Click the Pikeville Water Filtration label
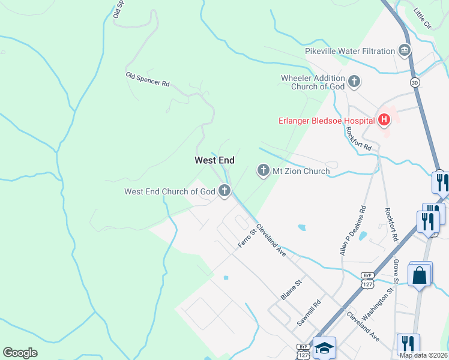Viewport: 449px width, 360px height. click(350, 51)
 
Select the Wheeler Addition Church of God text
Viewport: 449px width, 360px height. click(313, 82)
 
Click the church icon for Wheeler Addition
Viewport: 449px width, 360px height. click(354, 82)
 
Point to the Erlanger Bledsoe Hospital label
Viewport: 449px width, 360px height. click(325, 121)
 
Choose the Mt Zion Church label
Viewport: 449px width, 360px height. click(301, 171)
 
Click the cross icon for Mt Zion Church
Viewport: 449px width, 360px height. click(263, 171)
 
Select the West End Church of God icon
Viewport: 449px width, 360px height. click(224, 191)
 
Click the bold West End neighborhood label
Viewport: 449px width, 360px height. click(214, 160)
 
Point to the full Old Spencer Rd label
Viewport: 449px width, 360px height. click(147, 79)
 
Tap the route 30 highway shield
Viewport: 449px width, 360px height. click(414, 82)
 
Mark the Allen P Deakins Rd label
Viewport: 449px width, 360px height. click(353, 232)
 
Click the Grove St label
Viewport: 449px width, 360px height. click(396, 272)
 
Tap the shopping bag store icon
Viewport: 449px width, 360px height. click(420, 275)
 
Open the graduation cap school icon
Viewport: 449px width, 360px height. click(324, 348)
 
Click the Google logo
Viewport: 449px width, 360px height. click(20, 352)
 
